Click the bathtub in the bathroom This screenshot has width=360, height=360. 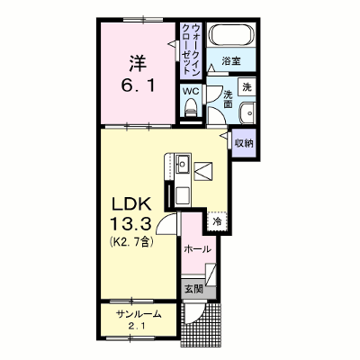pyautogui.click(x=231, y=34)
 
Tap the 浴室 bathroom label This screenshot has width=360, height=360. pyautogui.click(x=231, y=61)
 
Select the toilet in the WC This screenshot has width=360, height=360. pyautogui.click(x=190, y=108)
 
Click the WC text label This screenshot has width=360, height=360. pyautogui.click(x=191, y=91)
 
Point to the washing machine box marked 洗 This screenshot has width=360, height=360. pyautogui.click(x=247, y=86)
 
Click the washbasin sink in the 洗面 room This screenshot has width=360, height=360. pyautogui.click(x=247, y=112)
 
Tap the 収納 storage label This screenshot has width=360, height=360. pyautogui.click(x=244, y=143)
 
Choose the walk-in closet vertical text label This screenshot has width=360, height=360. pyautogui.click(x=191, y=49)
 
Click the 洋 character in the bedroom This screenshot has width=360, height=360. pyautogui.click(x=139, y=63)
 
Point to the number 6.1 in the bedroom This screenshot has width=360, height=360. pyautogui.click(x=139, y=85)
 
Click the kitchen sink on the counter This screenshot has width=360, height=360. pyautogui.click(x=182, y=164)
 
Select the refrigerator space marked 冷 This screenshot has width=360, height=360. pyautogui.click(x=217, y=222)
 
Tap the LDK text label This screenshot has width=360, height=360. pyautogui.click(x=130, y=204)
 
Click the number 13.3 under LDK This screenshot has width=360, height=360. pyautogui.click(x=130, y=224)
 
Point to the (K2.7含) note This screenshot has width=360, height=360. pyautogui.click(x=131, y=241)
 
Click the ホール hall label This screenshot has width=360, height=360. pyautogui.click(x=197, y=248)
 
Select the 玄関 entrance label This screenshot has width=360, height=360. pyautogui.click(x=193, y=289)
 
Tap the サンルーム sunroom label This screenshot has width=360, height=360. pyautogui.click(x=139, y=314)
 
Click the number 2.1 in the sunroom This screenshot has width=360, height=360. pyautogui.click(x=139, y=326)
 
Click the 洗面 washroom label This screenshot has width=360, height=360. pyautogui.click(x=229, y=99)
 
